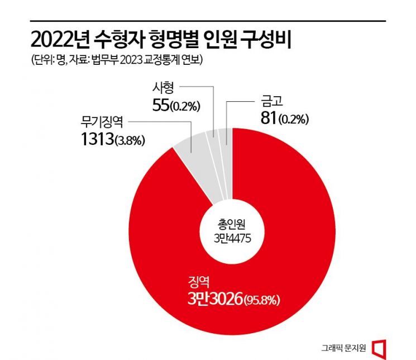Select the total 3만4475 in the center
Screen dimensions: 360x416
(231, 238)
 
